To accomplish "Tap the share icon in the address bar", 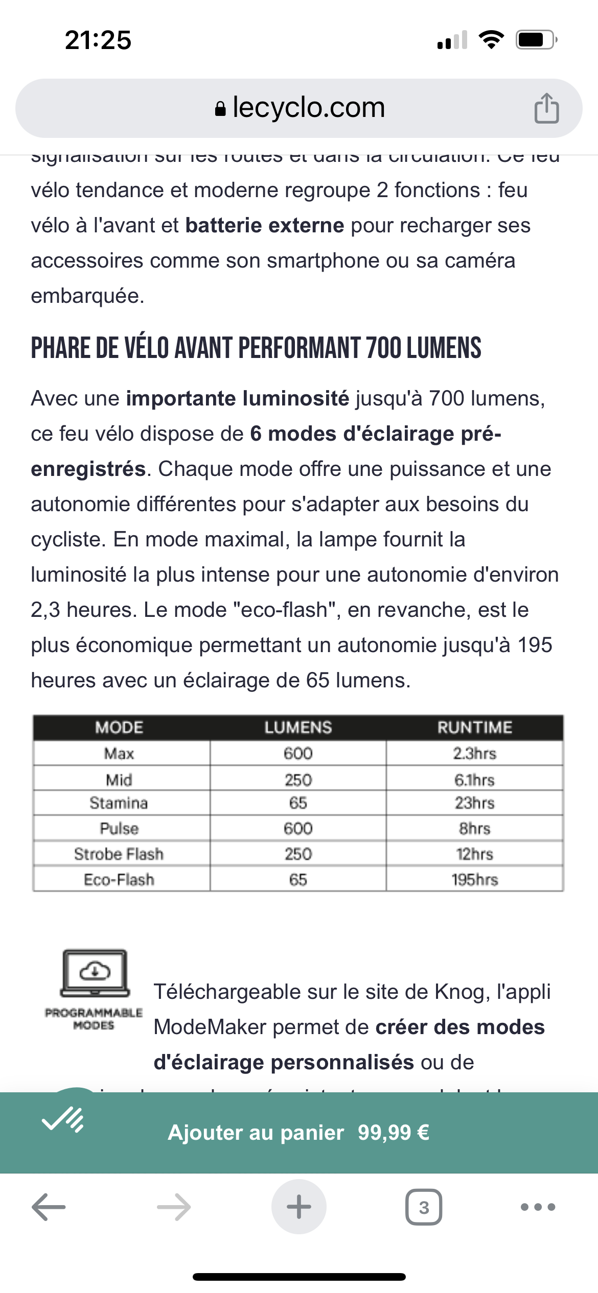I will tap(546, 108).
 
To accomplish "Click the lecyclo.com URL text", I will tap(309, 108).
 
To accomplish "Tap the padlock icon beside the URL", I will tap(220, 109).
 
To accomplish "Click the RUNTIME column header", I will tap(474, 727).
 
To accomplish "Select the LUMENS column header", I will tap(298, 727).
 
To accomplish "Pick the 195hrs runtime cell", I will tap(474, 879).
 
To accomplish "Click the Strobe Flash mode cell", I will tap(119, 854).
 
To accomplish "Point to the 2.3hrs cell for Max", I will tap(474, 753).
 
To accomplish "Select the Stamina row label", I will tap(119, 803).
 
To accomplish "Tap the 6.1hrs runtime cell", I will tap(474, 780).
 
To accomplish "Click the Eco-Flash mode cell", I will tap(119, 879).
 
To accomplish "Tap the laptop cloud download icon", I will tap(95, 973).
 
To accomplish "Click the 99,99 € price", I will tap(393, 1133).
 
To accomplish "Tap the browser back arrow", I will tap(49, 1207).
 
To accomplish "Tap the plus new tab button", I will tap(299, 1207).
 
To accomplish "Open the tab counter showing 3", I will tap(424, 1207).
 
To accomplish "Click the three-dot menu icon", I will tap(538, 1207).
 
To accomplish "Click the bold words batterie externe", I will tap(265, 225).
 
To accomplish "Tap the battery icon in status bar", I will tap(536, 40).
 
